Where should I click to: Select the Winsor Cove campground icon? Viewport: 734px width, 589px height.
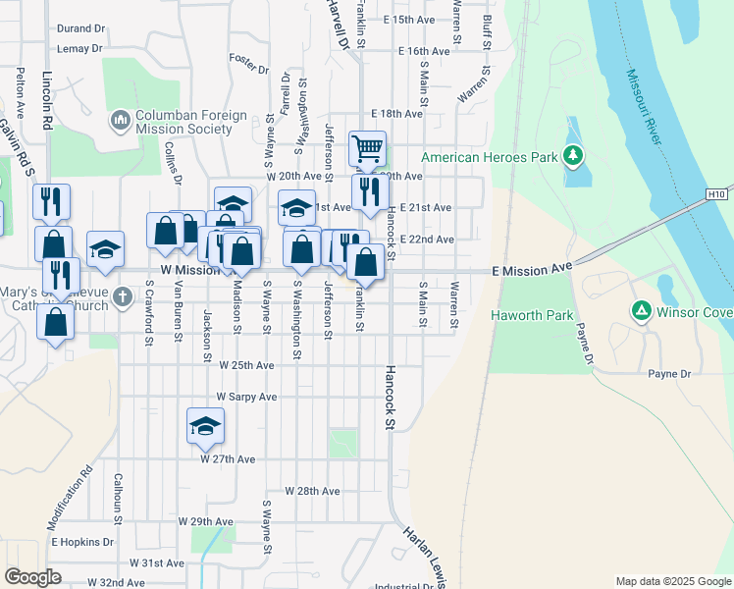(x=641, y=311)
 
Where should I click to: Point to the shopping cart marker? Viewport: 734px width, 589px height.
(x=367, y=150)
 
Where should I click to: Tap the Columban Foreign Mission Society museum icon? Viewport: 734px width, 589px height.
(x=121, y=120)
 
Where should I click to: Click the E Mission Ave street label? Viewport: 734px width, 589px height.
(x=531, y=268)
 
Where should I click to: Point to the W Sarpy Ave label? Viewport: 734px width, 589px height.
(x=247, y=397)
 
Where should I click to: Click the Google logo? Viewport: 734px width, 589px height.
(x=32, y=577)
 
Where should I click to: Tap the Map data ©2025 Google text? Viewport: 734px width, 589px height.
(x=672, y=581)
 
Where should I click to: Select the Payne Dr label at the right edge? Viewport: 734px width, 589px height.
(x=670, y=374)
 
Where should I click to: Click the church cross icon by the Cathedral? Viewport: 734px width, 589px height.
(x=122, y=295)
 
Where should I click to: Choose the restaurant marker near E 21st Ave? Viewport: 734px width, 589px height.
(x=369, y=190)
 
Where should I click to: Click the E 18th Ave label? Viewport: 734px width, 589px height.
(x=397, y=114)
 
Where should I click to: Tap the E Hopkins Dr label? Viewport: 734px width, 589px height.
(x=83, y=541)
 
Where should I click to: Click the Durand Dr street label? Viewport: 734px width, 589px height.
(x=80, y=29)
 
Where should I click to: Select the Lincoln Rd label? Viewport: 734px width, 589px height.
(x=47, y=101)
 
